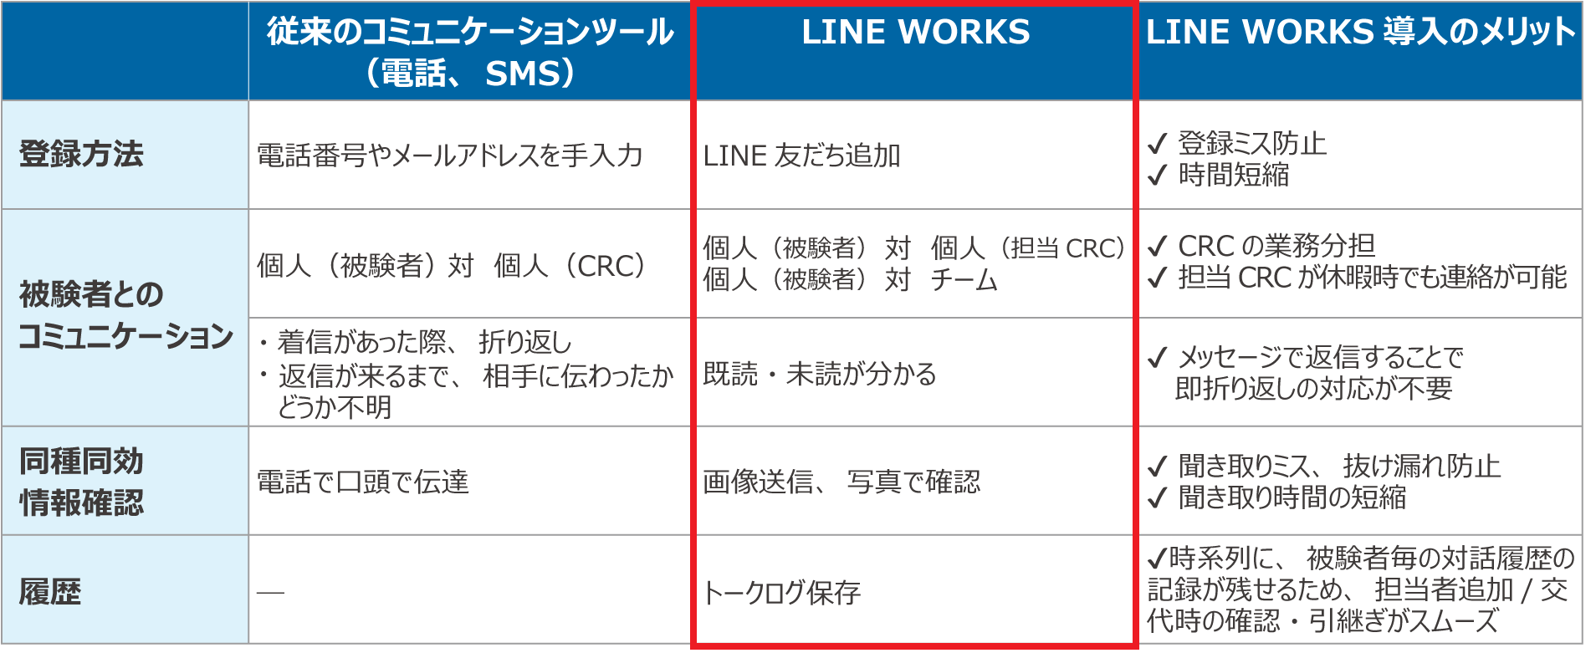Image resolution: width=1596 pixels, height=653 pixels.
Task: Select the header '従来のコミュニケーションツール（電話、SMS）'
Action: [469, 52]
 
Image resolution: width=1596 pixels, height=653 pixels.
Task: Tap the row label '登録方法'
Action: [81, 155]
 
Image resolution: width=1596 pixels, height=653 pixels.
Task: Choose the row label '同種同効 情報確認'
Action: [81, 482]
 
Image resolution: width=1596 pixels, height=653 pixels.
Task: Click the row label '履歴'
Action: [50, 592]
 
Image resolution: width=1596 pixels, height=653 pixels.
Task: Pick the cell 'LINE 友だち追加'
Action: [801, 156]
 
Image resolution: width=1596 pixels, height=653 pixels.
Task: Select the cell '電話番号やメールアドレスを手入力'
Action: [449, 156]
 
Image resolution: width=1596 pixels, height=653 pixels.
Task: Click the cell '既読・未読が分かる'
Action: [819, 374]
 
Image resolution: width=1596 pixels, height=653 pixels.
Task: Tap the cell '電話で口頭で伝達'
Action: [362, 482]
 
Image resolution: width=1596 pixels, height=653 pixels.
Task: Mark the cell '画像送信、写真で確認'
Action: [841, 482]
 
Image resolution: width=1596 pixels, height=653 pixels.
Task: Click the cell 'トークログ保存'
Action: [781, 593]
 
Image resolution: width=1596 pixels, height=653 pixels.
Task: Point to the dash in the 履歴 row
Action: [270, 593]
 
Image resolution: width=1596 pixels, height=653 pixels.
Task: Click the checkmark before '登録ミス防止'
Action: [1157, 145]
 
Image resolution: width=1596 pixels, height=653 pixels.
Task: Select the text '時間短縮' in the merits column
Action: [1234, 175]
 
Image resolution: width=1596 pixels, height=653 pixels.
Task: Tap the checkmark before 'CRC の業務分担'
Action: [1157, 247]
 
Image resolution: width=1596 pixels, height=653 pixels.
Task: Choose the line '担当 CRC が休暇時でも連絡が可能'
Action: [1372, 278]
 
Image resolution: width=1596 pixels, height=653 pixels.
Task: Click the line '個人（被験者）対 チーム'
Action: [850, 279]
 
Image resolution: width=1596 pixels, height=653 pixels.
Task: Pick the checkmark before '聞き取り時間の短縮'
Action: [1157, 498]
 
